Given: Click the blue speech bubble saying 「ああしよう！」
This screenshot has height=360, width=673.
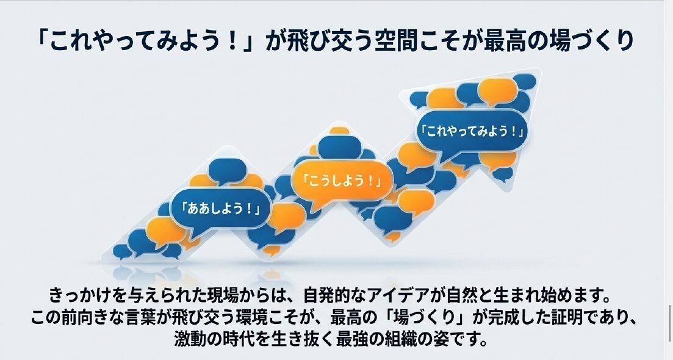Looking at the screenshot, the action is (x=221, y=209).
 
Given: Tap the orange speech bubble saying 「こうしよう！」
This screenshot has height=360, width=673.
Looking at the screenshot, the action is (x=342, y=181).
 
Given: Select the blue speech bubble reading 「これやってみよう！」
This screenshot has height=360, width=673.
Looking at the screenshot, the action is (x=473, y=131).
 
